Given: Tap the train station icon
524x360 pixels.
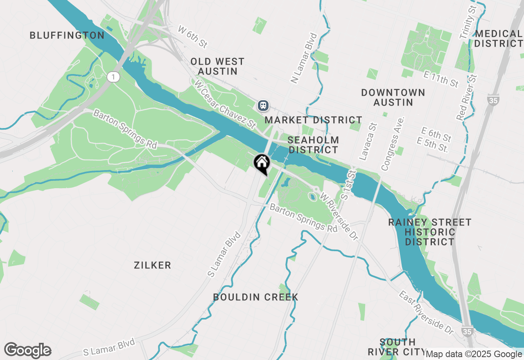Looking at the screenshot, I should [263, 106].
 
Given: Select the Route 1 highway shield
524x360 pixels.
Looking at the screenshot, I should [113, 76].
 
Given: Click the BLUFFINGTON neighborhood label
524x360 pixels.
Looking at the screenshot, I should [67, 36].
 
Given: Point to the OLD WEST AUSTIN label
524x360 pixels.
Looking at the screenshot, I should [217, 66].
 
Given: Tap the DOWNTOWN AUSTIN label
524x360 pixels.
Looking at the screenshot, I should [393, 97].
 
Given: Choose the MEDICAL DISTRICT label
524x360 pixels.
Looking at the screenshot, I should [499, 38].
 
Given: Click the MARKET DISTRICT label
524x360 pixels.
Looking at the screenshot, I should [313, 120].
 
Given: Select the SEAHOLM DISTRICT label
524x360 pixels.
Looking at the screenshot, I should [313, 145].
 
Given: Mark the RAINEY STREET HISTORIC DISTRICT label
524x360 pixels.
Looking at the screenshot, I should [430, 232].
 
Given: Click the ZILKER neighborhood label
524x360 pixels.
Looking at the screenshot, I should [152, 265].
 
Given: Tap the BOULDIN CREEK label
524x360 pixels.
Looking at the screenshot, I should [255, 297].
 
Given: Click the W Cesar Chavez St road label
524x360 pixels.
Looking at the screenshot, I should [225, 103].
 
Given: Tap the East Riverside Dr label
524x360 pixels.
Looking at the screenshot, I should [427, 313].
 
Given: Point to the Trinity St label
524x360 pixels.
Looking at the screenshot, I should [468, 23].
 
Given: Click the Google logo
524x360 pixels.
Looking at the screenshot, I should [28, 350].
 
